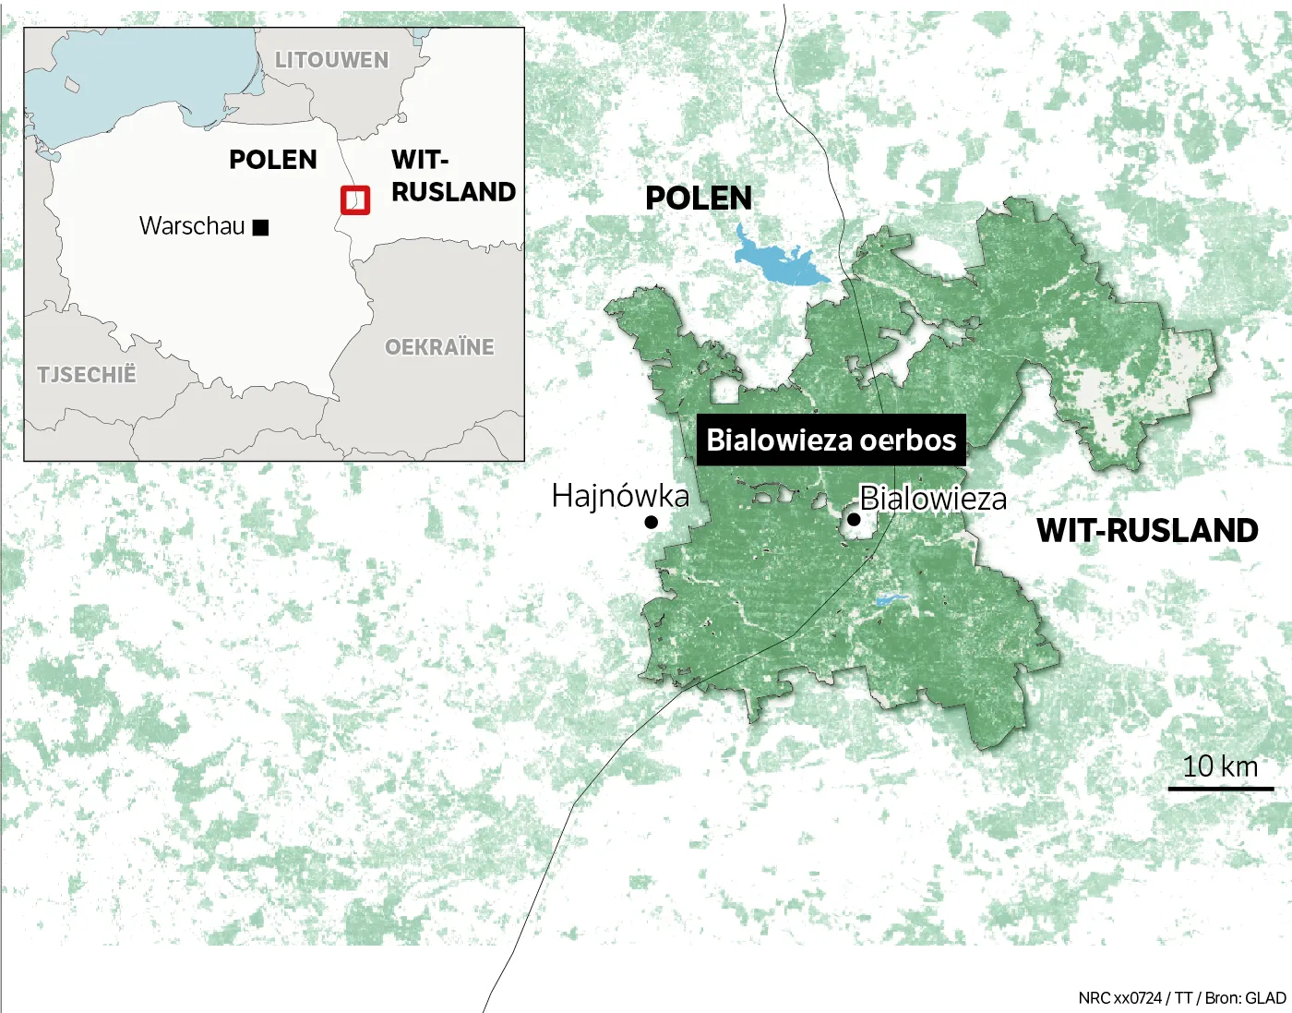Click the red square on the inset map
(x=355, y=200)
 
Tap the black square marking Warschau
(x=261, y=227)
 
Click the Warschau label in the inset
(x=192, y=226)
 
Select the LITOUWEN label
(x=332, y=60)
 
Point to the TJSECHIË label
(x=87, y=375)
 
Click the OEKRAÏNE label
(x=439, y=347)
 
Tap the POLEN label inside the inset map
(x=273, y=160)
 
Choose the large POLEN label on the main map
(x=699, y=199)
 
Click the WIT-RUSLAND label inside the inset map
(x=452, y=175)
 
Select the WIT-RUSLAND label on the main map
(x=1147, y=531)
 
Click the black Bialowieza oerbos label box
(x=831, y=440)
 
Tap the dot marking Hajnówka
(x=652, y=523)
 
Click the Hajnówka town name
(x=620, y=497)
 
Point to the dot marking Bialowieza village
(x=854, y=520)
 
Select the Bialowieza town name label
(x=933, y=500)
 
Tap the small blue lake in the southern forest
(x=891, y=600)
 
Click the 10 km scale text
(x=1220, y=766)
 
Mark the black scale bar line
(x=1220, y=789)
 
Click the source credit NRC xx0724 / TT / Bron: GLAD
(x=1182, y=998)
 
